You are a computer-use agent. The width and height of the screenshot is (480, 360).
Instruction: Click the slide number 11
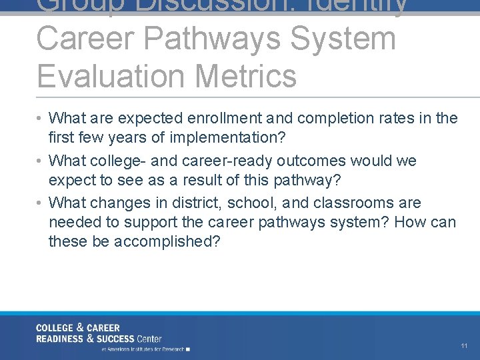pyautogui.click(x=464, y=346)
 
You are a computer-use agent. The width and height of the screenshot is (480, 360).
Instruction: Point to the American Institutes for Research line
pyautogui.click(x=145, y=349)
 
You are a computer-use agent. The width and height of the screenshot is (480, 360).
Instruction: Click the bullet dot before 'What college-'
pyautogui.click(x=41, y=161)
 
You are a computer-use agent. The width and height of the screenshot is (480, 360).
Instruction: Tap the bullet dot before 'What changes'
pyautogui.click(x=41, y=203)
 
